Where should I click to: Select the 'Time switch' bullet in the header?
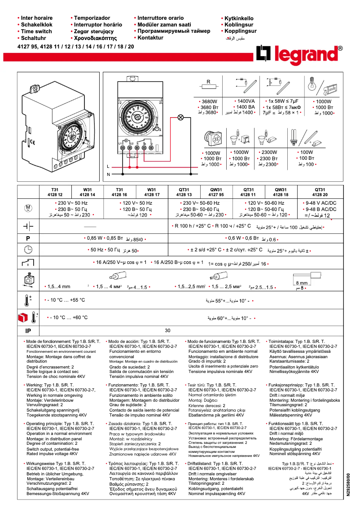[x=36, y=31]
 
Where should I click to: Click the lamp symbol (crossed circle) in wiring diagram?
[x=181, y=118]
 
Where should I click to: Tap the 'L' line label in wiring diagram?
[x=108, y=166]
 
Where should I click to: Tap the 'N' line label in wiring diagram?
[x=108, y=174]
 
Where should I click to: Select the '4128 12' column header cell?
[x=55, y=195]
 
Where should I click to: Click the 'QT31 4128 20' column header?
[x=320, y=192]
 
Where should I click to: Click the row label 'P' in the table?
[x=28, y=238]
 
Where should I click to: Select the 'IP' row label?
[x=28, y=330]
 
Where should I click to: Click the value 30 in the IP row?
[x=168, y=330]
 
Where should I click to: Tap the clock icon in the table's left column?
[x=28, y=250]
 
